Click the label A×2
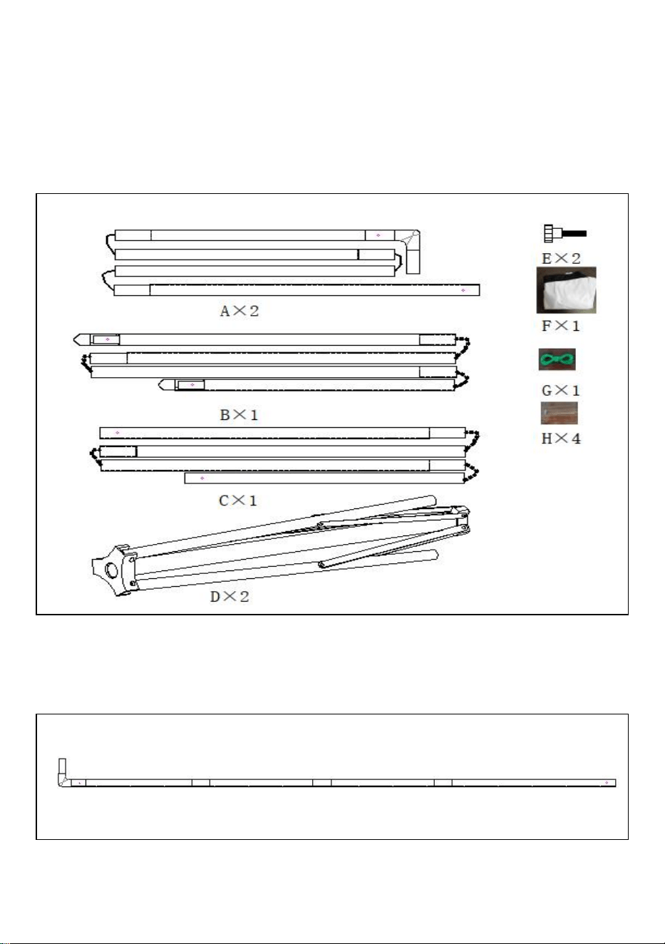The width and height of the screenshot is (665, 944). click(x=239, y=311)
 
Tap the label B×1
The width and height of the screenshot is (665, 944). click(x=239, y=415)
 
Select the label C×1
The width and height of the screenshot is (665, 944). click(x=237, y=501)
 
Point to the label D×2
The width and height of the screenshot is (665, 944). click(x=230, y=597)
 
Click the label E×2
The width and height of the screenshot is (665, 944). click(x=562, y=258)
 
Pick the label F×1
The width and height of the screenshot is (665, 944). click(x=561, y=326)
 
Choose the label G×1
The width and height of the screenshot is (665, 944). click(x=561, y=391)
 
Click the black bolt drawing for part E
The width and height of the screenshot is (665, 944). click(x=565, y=233)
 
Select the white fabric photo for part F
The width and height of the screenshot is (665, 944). click(x=567, y=290)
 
